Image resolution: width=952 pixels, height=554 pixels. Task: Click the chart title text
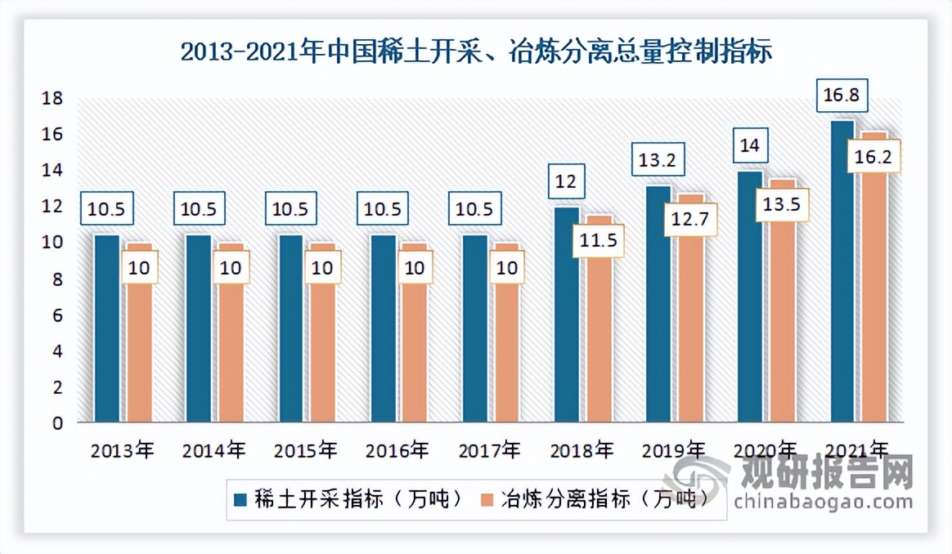tap(475, 51)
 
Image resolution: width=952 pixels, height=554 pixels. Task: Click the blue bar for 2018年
tap(566, 319)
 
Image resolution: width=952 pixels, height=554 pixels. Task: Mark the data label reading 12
tap(565, 181)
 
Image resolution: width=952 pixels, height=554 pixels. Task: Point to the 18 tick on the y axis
tap(52, 99)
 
